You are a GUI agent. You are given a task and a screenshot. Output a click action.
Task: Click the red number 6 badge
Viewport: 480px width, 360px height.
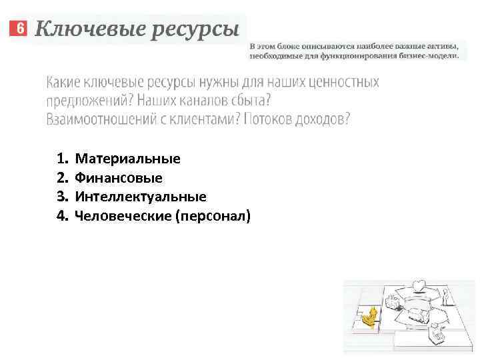[x=19, y=29]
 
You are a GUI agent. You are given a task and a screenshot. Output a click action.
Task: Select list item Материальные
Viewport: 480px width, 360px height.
[x=127, y=159]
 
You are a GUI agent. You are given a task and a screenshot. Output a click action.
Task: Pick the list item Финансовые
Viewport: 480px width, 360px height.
[x=119, y=178]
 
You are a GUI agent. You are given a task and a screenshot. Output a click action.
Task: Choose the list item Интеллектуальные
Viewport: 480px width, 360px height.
[x=141, y=197]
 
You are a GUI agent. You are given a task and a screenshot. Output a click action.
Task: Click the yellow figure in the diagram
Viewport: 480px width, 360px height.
[x=368, y=318]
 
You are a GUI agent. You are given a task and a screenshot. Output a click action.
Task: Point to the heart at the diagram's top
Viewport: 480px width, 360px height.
[x=418, y=287]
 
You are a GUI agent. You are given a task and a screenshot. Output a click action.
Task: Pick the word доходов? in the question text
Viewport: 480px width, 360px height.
[x=323, y=120]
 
